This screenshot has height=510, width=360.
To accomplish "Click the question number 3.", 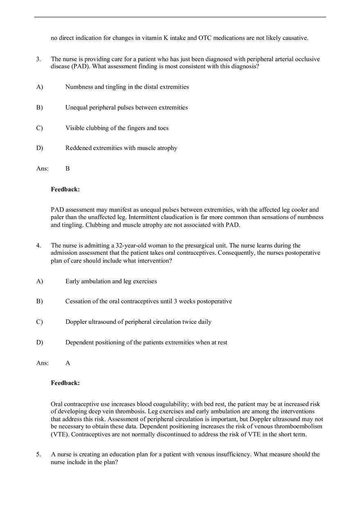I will point(38,59).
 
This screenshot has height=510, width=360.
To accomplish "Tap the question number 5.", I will point(38,454).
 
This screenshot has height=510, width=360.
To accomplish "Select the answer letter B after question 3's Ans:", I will point(67,169).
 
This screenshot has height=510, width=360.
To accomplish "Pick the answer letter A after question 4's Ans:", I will point(67,363).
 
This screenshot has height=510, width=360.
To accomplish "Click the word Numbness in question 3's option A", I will point(79,87).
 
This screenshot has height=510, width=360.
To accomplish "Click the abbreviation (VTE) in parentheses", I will point(60,434).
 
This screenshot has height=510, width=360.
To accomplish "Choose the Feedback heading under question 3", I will point(65,189).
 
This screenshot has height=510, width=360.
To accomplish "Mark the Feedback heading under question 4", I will point(65,383).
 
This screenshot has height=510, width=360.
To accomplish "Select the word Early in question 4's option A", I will point(73,281).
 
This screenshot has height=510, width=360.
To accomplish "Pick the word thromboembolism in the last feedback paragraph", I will point(300,427).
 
